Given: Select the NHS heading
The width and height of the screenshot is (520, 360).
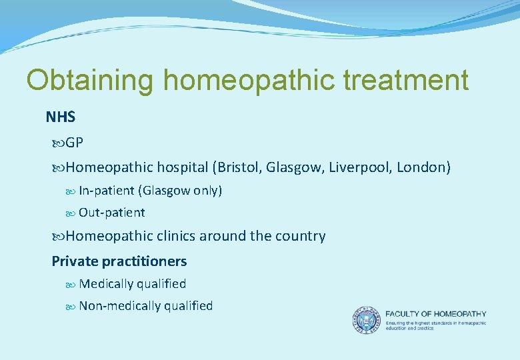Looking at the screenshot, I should tap(61, 117).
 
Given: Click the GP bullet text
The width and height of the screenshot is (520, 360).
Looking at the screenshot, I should tap(75, 143).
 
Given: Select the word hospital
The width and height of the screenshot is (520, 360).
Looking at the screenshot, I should tap(182, 167).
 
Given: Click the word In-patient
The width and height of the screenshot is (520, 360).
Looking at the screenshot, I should tap(107, 191).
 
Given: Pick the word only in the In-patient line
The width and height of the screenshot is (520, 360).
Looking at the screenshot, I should tap(207, 191).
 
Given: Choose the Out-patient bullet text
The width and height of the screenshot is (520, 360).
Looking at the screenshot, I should tap(111, 213).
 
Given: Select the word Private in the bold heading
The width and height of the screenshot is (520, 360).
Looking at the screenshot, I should tap(75, 261).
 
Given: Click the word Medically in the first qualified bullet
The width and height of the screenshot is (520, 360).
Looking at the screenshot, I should tap(106, 284).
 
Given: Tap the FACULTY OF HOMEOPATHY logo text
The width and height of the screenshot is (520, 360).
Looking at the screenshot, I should tap(435, 313).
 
